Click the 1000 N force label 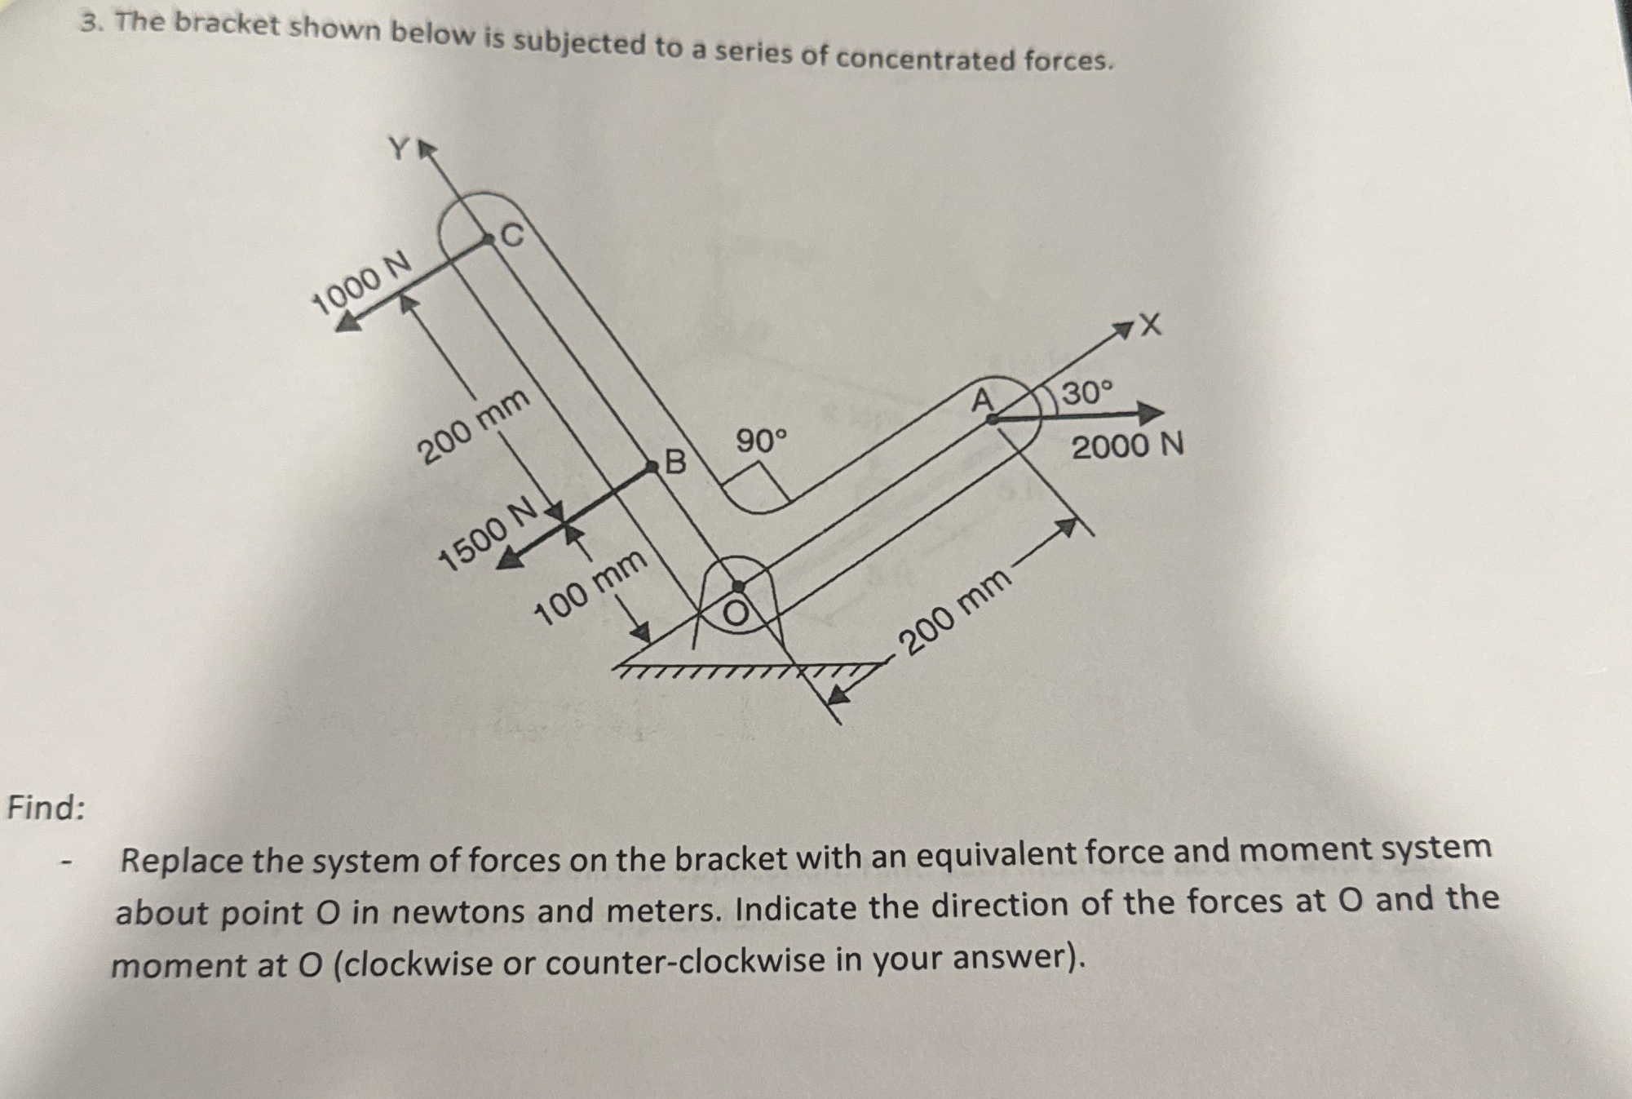[x=362, y=281]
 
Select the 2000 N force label [x=1127, y=447]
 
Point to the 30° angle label [x=1086, y=393]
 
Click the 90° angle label [x=763, y=441]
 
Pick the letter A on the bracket [x=983, y=401]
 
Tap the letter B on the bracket [x=676, y=463]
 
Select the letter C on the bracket [x=512, y=236]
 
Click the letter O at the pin [x=736, y=614]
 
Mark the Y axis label [x=399, y=148]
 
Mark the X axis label [x=1149, y=326]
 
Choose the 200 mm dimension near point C [x=474, y=426]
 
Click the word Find [x=46, y=808]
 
